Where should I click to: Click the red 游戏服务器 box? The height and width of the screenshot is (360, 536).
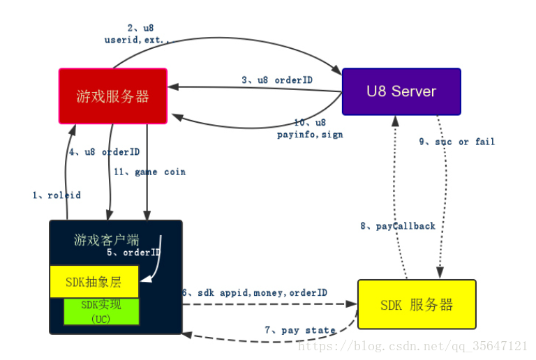click(x=113, y=96)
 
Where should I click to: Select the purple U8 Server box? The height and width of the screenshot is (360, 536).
click(x=401, y=91)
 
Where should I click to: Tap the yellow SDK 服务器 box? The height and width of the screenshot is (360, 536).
click(x=417, y=304)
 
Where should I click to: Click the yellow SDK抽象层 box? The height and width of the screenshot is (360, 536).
click(x=94, y=282)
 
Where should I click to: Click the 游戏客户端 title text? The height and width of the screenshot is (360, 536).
click(x=107, y=240)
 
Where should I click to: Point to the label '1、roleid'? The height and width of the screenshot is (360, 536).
click(x=57, y=195)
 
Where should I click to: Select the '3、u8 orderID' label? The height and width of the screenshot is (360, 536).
click(x=277, y=80)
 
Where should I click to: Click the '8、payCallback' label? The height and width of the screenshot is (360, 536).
click(x=398, y=226)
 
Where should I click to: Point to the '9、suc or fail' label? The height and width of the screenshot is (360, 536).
click(x=457, y=142)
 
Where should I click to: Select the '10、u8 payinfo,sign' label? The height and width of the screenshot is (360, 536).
click(x=310, y=128)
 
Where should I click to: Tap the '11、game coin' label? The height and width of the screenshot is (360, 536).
click(x=149, y=172)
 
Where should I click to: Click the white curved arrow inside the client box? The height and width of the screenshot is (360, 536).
click(x=158, y=259)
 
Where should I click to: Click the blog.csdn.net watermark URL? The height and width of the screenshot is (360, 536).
click(x=412, y=346)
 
